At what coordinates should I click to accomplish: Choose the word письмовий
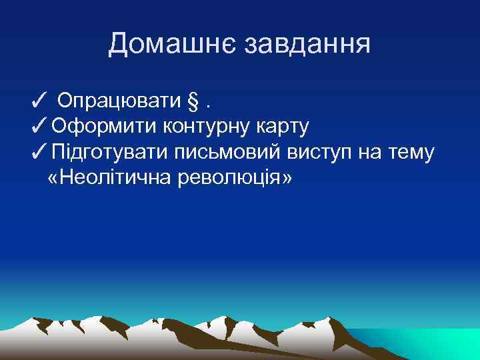click(230, 153)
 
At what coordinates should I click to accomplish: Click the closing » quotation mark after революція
click(287, 179)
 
